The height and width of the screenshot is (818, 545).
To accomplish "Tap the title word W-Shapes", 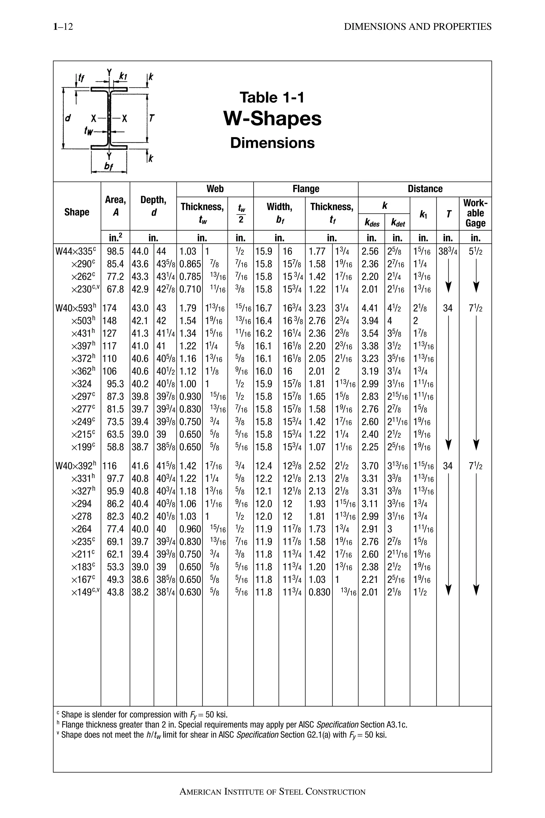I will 272,119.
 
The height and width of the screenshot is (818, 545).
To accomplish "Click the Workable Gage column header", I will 475,213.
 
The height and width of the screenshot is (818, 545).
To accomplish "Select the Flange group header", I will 305,189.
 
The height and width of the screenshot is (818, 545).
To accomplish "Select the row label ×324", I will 81,384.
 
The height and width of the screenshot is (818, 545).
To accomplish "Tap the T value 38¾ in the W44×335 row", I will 448,251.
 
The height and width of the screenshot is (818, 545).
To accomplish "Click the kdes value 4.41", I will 370,308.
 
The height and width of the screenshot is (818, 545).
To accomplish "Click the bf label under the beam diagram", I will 109,167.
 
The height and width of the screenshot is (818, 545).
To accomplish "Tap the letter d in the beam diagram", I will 68,118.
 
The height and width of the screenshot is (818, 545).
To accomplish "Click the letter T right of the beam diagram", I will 151,118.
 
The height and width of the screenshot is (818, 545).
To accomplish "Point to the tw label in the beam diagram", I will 89,131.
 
